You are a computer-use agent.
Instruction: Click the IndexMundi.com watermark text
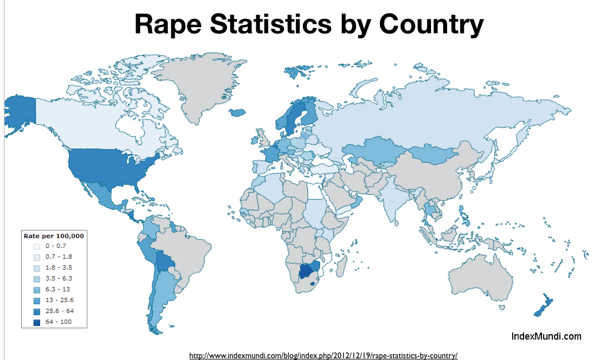point(546,336)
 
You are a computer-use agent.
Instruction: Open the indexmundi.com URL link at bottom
point(323,355)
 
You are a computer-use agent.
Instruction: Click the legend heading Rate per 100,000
point(53,236)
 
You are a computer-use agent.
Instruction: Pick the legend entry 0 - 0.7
point(55,246)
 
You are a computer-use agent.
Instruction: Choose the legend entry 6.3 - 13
point(57,289)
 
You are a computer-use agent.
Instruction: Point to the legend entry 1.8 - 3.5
point(58,267)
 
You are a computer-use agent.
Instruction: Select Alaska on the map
point(20,112)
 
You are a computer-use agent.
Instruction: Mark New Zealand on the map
point(544,308)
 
